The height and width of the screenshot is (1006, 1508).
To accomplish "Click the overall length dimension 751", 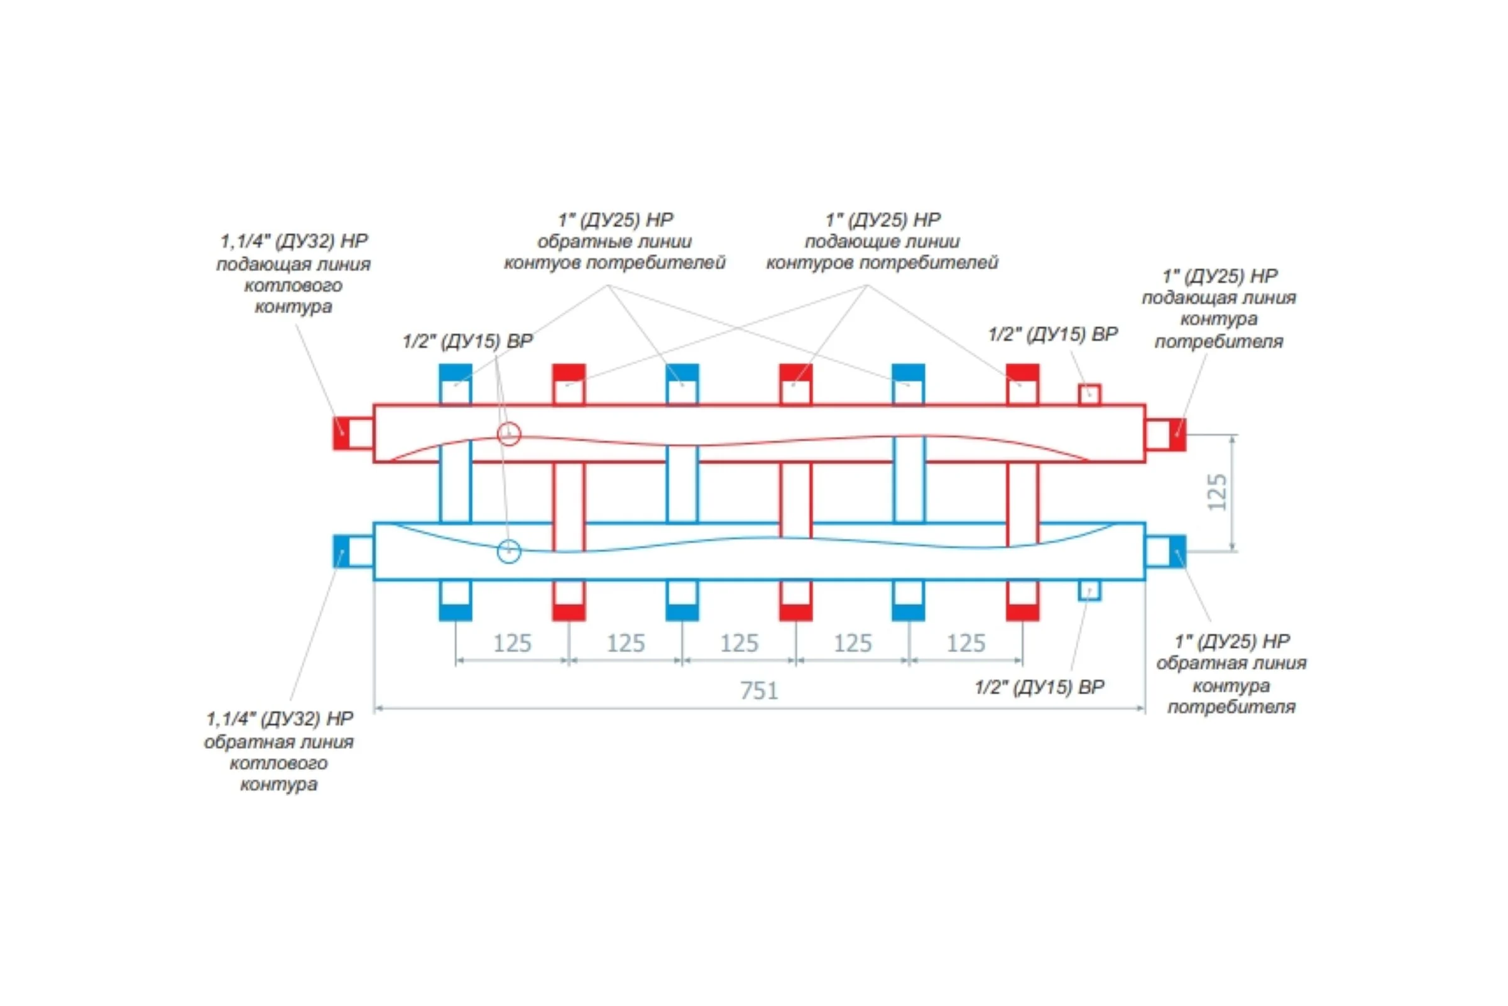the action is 759,690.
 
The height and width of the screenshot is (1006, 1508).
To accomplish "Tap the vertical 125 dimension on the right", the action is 1218,492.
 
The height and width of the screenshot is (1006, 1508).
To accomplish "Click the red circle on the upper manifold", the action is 509,434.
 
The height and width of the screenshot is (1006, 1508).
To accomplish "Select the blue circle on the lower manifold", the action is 509,551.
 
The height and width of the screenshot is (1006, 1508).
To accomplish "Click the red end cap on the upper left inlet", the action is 341,433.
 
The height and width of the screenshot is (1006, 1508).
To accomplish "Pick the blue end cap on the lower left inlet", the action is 341,551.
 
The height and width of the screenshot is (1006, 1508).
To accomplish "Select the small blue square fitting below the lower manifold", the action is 1090,590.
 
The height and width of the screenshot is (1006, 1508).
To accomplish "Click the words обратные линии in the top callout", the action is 615,242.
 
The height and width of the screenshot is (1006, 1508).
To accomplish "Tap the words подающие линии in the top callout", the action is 882,242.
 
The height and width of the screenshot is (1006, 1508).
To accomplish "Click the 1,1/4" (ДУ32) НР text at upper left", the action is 294,241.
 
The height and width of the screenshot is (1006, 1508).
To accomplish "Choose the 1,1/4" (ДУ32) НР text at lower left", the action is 280,719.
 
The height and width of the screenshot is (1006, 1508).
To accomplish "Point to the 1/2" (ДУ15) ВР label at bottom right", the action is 1039,687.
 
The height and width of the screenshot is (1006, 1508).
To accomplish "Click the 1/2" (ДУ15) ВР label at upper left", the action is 467,341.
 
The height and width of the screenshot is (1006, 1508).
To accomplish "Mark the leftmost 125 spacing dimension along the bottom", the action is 512,643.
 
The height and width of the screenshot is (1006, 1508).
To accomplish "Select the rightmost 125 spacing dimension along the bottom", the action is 966,643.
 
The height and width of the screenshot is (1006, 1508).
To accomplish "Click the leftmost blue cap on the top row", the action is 455,373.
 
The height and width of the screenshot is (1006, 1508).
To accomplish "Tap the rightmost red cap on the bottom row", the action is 1023,612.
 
